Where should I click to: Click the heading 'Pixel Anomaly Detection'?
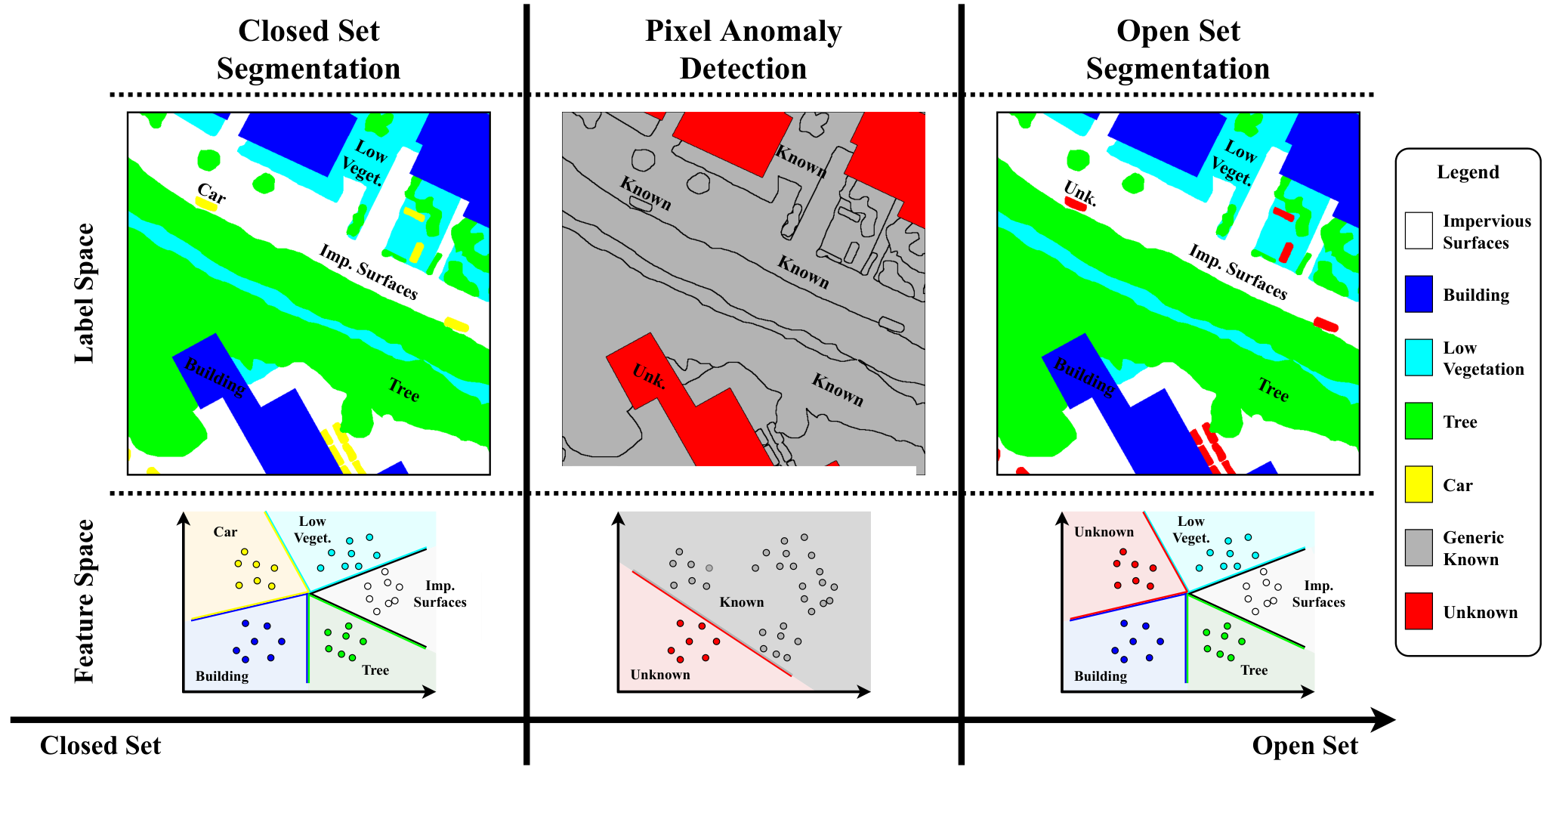pos(743,50)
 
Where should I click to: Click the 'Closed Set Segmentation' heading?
pos(308,50)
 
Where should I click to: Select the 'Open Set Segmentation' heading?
pos(1178,50)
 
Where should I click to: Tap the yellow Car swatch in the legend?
pos(1419,484)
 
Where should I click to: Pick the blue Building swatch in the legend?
pos(1419,294)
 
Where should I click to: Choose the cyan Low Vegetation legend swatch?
pos(1419,357)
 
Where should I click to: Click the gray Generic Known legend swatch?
pos(1419,548)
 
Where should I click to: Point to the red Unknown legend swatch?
pos(1419,611)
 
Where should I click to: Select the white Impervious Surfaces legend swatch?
pos(1419,230)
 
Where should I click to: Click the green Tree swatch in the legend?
pos(1419,421)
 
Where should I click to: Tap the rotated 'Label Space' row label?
pos(84,293)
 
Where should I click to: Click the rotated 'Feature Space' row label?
pos(84,601)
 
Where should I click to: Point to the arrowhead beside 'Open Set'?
pos(1382,720)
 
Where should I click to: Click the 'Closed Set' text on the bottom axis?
pos(100,746)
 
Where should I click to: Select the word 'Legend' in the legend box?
pos(1468,172)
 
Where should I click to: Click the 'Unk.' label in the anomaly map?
pos(649,376)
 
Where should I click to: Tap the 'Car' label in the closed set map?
pos(212,193)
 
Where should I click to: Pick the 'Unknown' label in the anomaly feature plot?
pos(660,675)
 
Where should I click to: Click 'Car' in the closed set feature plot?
pos(225,532)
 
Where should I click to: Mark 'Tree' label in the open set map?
pos(1273,389)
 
